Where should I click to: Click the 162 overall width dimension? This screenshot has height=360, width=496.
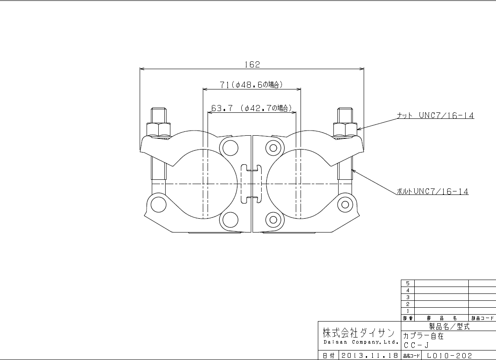[x=252, y=64]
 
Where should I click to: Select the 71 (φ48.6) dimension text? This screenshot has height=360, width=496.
[x=251, y=85]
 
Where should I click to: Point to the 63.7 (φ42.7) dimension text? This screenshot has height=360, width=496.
[x=251, y=108]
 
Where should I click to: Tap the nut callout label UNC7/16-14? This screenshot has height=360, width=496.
[x=435, y=116]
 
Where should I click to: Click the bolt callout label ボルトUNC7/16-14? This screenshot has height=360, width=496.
[x=433, y=191]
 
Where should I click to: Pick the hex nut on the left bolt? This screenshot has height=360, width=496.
[x=158, y=130]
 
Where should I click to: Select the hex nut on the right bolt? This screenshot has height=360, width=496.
[x=345, y=130]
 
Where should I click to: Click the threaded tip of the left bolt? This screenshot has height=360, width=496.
[x=158, y=116]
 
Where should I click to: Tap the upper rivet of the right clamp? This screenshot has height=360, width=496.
[x=273, y=148]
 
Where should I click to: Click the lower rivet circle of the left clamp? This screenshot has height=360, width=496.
[x=230, y=220]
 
